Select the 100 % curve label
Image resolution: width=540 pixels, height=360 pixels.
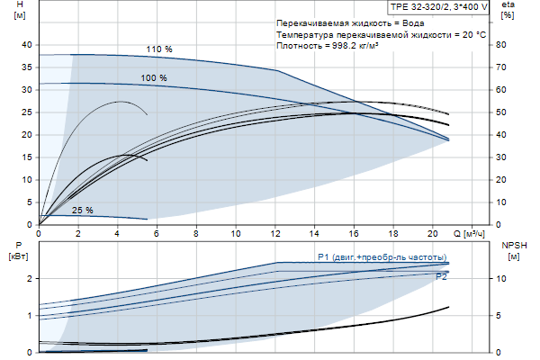[154, 78]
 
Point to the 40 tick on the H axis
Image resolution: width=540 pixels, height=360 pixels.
[26, 44]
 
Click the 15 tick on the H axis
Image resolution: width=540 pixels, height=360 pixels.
[26, 157]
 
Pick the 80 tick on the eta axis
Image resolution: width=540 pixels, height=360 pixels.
[507, 44]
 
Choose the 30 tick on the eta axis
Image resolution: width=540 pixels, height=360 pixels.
[507, 157]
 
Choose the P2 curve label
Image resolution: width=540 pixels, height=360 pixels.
[441, 277]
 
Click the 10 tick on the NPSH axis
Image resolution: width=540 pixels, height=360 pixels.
[505, 278]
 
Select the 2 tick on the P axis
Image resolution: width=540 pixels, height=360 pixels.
[30, 278]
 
